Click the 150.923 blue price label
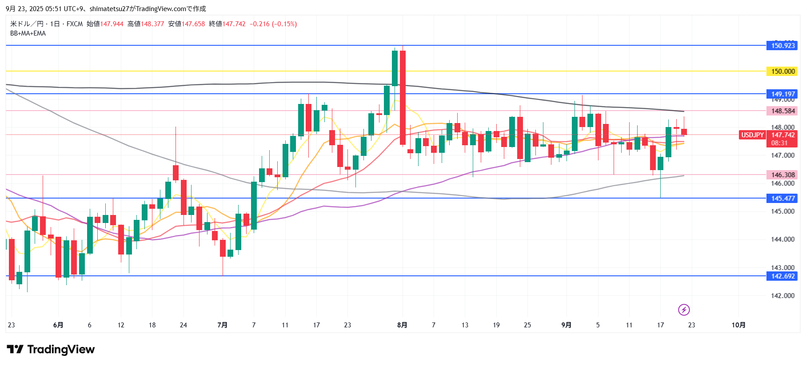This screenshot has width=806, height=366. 782,45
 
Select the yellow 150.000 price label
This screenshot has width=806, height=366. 782,71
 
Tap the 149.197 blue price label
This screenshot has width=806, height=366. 782,94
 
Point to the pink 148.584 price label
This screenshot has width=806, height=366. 782,111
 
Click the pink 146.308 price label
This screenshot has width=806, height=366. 782,175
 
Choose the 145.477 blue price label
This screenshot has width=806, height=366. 782,198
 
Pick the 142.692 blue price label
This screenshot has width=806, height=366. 782,276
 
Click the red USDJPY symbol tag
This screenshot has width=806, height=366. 752,135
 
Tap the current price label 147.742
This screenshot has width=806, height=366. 782,135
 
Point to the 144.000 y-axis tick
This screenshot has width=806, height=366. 782,239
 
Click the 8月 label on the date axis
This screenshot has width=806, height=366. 402,325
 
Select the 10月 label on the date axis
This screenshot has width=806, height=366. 738,325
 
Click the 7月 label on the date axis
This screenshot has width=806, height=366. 222,325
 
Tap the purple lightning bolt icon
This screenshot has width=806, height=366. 684,310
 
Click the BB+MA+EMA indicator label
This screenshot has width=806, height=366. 28,33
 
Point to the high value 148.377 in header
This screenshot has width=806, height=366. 152,24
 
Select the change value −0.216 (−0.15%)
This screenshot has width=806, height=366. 273,24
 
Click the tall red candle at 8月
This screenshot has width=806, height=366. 403,98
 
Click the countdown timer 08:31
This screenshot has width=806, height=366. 779,143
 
